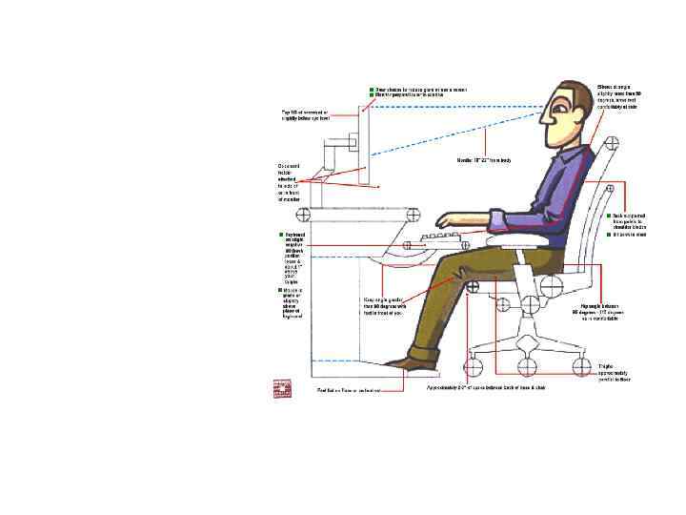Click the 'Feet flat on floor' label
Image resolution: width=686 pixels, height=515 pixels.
[349, 389]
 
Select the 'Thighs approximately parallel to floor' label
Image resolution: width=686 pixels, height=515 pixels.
[609, 372]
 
